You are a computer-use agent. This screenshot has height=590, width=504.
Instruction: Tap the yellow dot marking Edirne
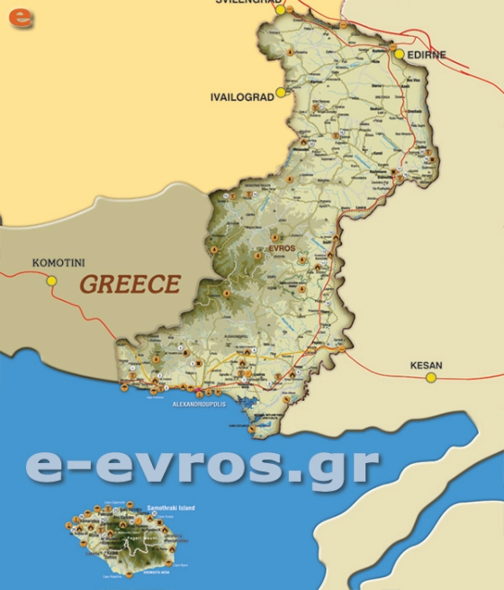399,54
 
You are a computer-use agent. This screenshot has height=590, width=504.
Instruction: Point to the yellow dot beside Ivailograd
281,92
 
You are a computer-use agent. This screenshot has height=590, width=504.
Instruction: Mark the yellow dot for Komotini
51,281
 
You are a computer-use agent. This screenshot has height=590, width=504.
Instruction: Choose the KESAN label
426,366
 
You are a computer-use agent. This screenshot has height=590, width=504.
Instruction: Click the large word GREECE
130,285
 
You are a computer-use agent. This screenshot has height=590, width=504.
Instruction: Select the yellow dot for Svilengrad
280,9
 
